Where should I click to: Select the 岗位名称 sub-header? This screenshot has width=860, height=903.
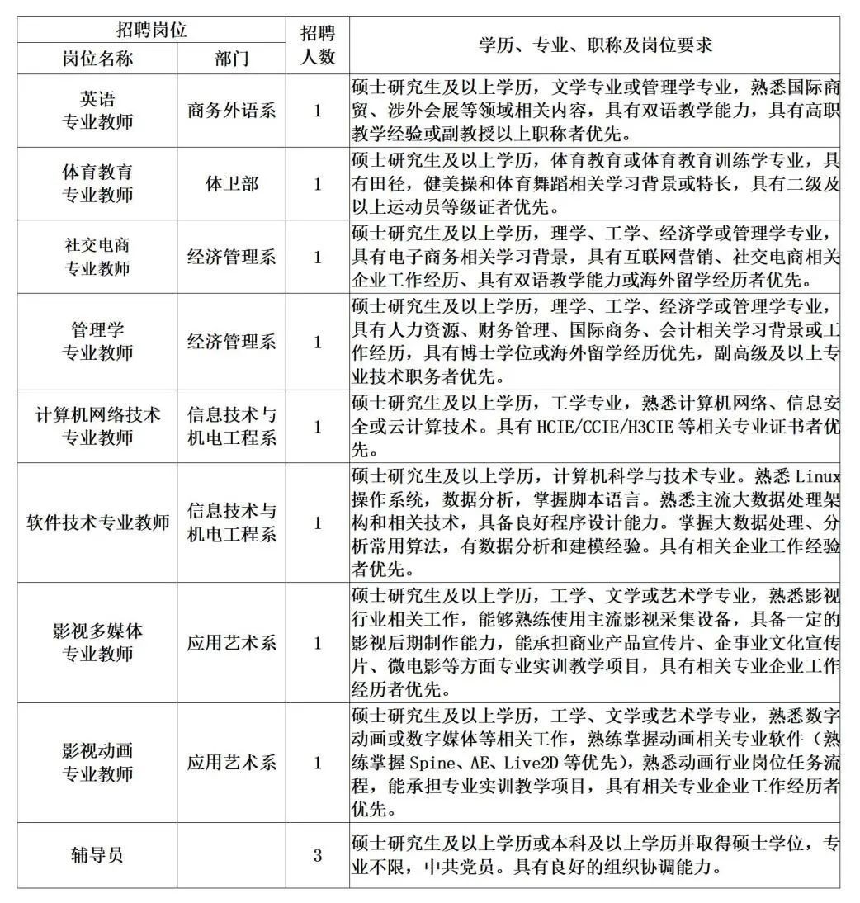click(x=97, y=59)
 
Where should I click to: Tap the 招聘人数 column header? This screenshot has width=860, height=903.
click(x=318, y=45)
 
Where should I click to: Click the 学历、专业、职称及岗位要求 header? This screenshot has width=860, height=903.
click(x=594, y=45)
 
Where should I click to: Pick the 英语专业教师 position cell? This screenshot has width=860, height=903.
click(x=97, y=111)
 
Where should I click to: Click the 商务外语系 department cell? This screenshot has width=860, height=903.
click(x=232, y=111)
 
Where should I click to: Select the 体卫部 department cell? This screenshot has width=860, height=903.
click(x=232, y=183)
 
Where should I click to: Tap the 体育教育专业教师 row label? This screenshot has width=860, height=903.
click(x=97, y=183)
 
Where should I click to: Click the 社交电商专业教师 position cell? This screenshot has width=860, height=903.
click(x=97, y=257)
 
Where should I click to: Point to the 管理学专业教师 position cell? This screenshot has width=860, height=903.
click(x=97, y=341)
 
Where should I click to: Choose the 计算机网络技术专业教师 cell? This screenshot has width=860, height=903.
click(x=97, y=426)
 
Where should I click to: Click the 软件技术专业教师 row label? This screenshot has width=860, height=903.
click(x=97, y=522)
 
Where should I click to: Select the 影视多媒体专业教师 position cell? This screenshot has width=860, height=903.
click(x=97, y=643)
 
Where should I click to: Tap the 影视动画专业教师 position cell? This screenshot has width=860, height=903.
click(x=97, y=763)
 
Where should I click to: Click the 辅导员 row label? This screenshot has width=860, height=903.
click(x=97, y=855)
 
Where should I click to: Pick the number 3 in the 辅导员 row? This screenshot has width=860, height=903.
click(x=318, y=855)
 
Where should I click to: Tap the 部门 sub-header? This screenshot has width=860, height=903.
click(x=232, y=59)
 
